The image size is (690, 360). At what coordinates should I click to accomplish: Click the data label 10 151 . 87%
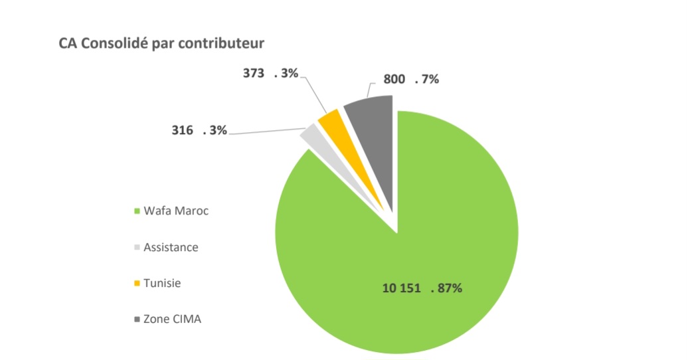click(x=422, y=289)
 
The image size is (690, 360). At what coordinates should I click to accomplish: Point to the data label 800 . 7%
click(x=411, y=80)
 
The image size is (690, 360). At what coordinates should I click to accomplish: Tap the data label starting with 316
click(x=199, y=131)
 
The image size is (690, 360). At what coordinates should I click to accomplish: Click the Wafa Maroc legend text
click(x=176, y=211)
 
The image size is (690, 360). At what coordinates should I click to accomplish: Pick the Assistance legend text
click(x=171, y=247)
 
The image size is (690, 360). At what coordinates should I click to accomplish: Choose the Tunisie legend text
click(x=162, y=283)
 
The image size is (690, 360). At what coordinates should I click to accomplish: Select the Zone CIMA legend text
click(x=172, y=319)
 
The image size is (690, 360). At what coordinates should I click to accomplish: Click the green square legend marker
click(x=137, y=212)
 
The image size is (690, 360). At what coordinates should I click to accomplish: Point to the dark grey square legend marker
click(x=137, y=319)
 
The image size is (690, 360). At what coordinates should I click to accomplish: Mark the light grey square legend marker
click(x=137, y=248)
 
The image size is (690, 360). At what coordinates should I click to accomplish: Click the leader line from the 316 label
click(x=266, y=132)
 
